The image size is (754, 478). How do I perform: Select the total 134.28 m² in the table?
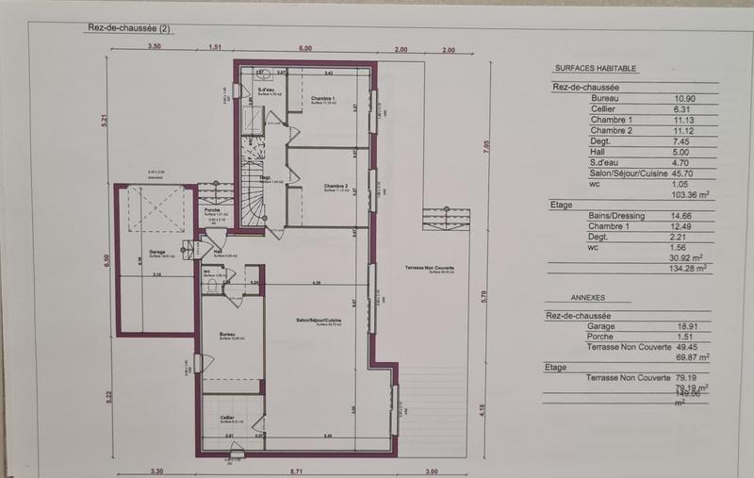coord(686,268)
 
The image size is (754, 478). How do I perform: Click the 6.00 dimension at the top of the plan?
coord(305,48)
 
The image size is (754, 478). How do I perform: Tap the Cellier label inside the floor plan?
coord(227,417)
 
